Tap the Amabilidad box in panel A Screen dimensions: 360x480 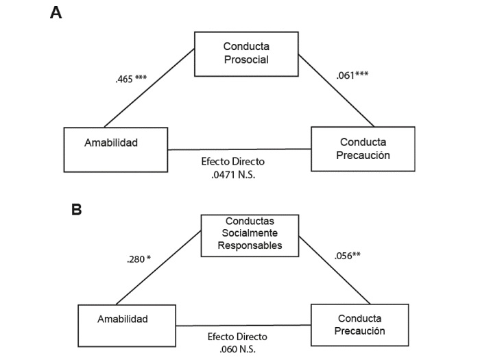(x=115, y=149)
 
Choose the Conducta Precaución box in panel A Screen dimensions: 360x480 (x=363, y=149)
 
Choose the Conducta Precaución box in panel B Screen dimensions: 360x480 (x=362, y=324)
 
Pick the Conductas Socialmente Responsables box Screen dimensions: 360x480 (x=250, y=235)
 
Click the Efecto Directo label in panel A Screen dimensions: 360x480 (x=233, y=162)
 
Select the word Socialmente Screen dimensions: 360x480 (x=250, y=235)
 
